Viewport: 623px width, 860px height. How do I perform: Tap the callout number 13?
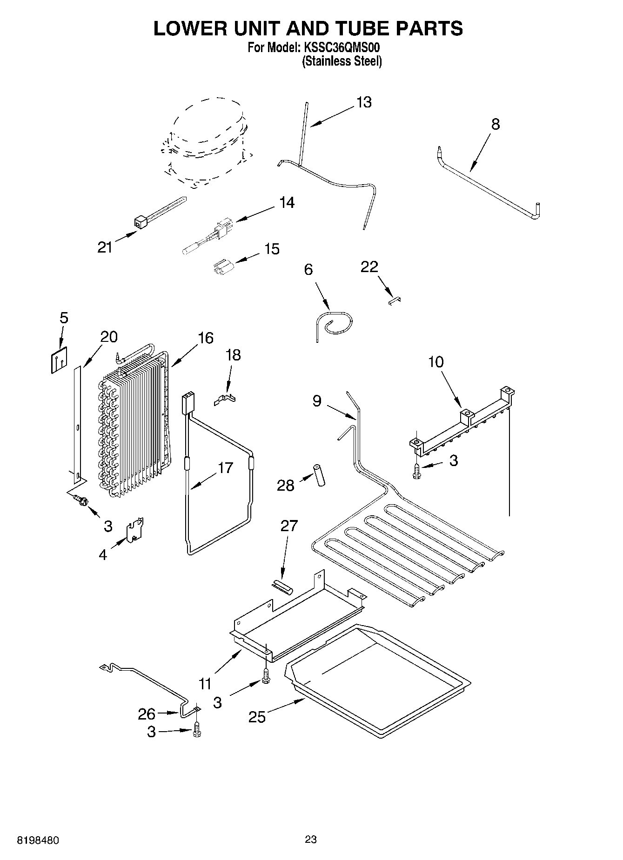tap(364, 102)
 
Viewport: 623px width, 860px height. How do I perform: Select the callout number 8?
tap(496, 124)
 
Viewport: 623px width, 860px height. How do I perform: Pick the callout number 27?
tap(288, 526)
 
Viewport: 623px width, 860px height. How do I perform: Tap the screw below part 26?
tap(197, 729)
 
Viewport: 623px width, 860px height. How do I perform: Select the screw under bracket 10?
tap(416, 471)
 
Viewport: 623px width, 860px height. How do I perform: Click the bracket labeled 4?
tap(135, 530)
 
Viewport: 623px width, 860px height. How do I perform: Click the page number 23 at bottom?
tap(311, 840)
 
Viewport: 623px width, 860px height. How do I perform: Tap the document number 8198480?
tap(38, 840)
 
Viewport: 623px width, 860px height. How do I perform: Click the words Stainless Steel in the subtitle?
tap(342, 61)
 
